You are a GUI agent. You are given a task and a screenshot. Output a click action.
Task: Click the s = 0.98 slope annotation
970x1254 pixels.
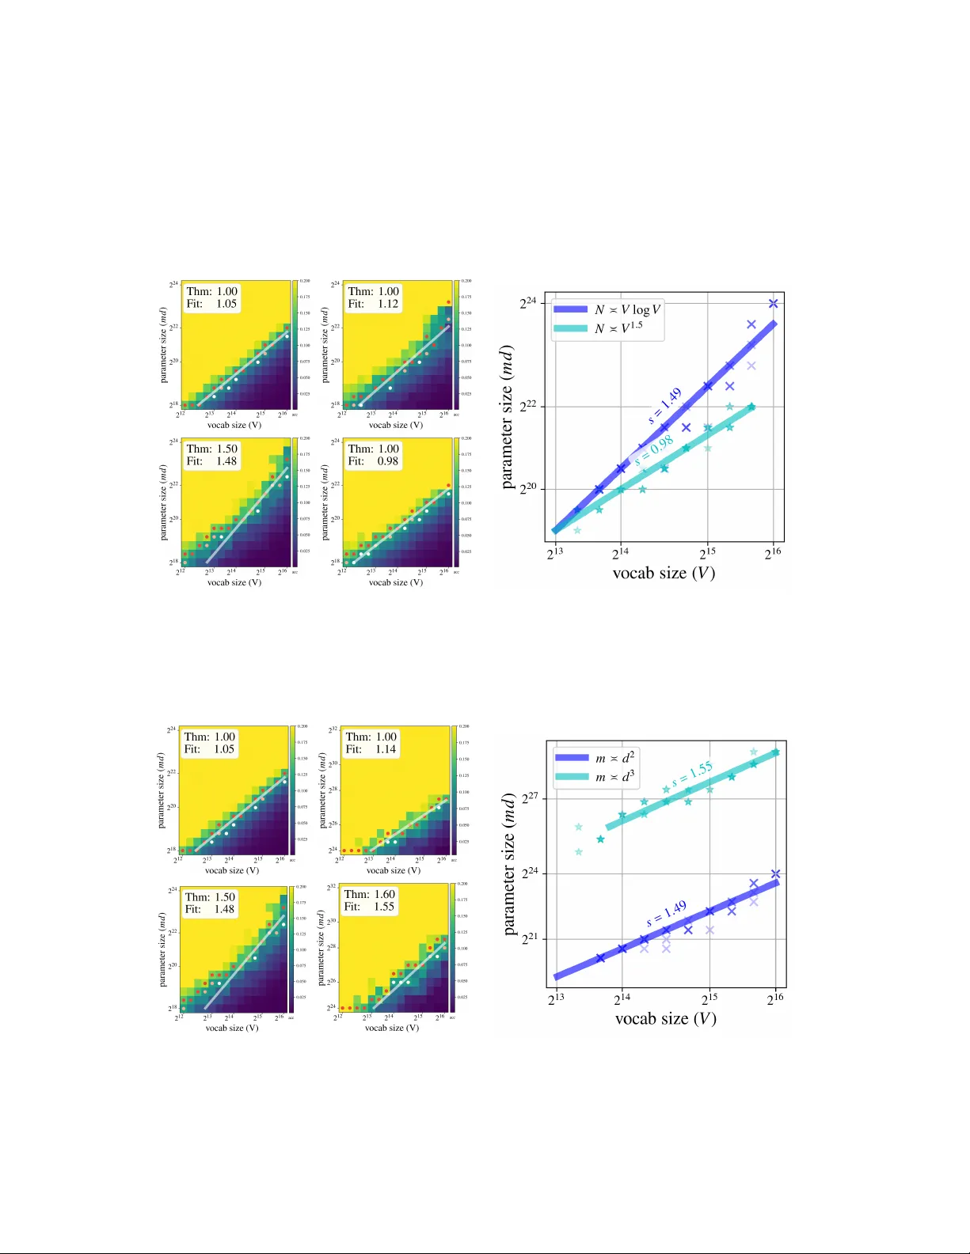[654, 452]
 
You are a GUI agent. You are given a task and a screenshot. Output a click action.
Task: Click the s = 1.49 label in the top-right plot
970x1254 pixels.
[665, 406]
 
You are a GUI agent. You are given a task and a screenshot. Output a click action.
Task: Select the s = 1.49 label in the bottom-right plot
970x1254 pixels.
[667, 913]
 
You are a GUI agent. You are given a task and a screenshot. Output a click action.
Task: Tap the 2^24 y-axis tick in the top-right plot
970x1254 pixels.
[528, 302]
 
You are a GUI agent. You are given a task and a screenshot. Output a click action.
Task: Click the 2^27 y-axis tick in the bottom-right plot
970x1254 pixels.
[530, 798]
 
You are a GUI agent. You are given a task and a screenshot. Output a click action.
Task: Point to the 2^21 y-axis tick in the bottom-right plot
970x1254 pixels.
[530, 938]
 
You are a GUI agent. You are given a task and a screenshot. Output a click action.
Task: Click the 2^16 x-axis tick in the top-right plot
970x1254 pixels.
[773, 553]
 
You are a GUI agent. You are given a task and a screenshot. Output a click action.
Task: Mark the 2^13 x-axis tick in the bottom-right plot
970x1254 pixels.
[556, 998]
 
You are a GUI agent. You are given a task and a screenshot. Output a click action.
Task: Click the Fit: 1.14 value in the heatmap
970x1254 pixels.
[385, 749]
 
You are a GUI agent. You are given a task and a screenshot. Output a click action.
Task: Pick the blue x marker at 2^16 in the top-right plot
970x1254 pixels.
[774, 304]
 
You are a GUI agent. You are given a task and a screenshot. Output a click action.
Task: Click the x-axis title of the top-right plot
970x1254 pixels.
[664, 573]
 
